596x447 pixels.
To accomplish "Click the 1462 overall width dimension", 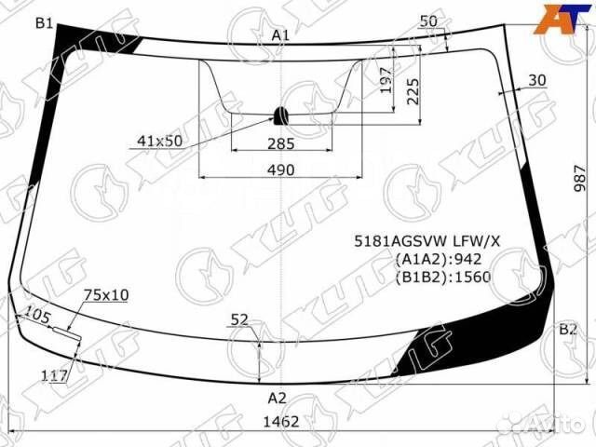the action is (x=281, y=422).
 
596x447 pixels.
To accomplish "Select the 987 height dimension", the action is (x=579, y=178).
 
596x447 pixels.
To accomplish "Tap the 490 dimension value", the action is (x=281, y=169).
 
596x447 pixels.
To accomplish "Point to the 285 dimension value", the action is (x=281, y=143).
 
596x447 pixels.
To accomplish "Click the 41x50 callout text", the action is (x=159, y=141).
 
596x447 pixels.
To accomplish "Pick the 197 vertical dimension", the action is (x=386, y=80).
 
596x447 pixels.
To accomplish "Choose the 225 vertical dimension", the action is (x=413, y=91).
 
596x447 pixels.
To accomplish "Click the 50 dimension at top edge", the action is (x=428, y=21).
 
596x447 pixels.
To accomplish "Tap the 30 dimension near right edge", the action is (x=537, y=80).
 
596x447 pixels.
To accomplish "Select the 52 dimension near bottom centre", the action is (x=239, y=319).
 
